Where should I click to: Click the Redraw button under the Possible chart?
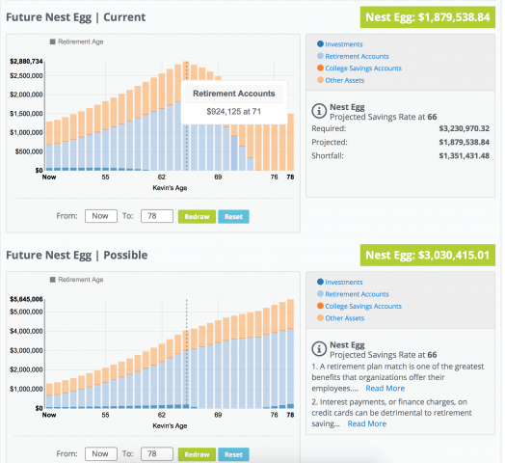click(x=196, y=453)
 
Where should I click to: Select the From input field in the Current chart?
click(x=100, y=216)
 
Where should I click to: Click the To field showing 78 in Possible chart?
click(x=154, y=453)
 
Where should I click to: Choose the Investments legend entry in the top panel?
click(x=343, y=44)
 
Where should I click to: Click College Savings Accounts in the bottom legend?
click(x=363, y=306)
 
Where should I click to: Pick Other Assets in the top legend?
click(x=346, y=80)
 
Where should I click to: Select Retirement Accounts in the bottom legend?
click(x=357, y=294)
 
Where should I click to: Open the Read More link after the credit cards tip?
click(x=367, y=423)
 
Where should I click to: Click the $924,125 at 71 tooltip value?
click(x=235, y=112)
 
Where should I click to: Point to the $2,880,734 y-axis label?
click(x=26, y=62)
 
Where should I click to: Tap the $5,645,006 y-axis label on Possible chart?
click(x=26, y=299)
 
